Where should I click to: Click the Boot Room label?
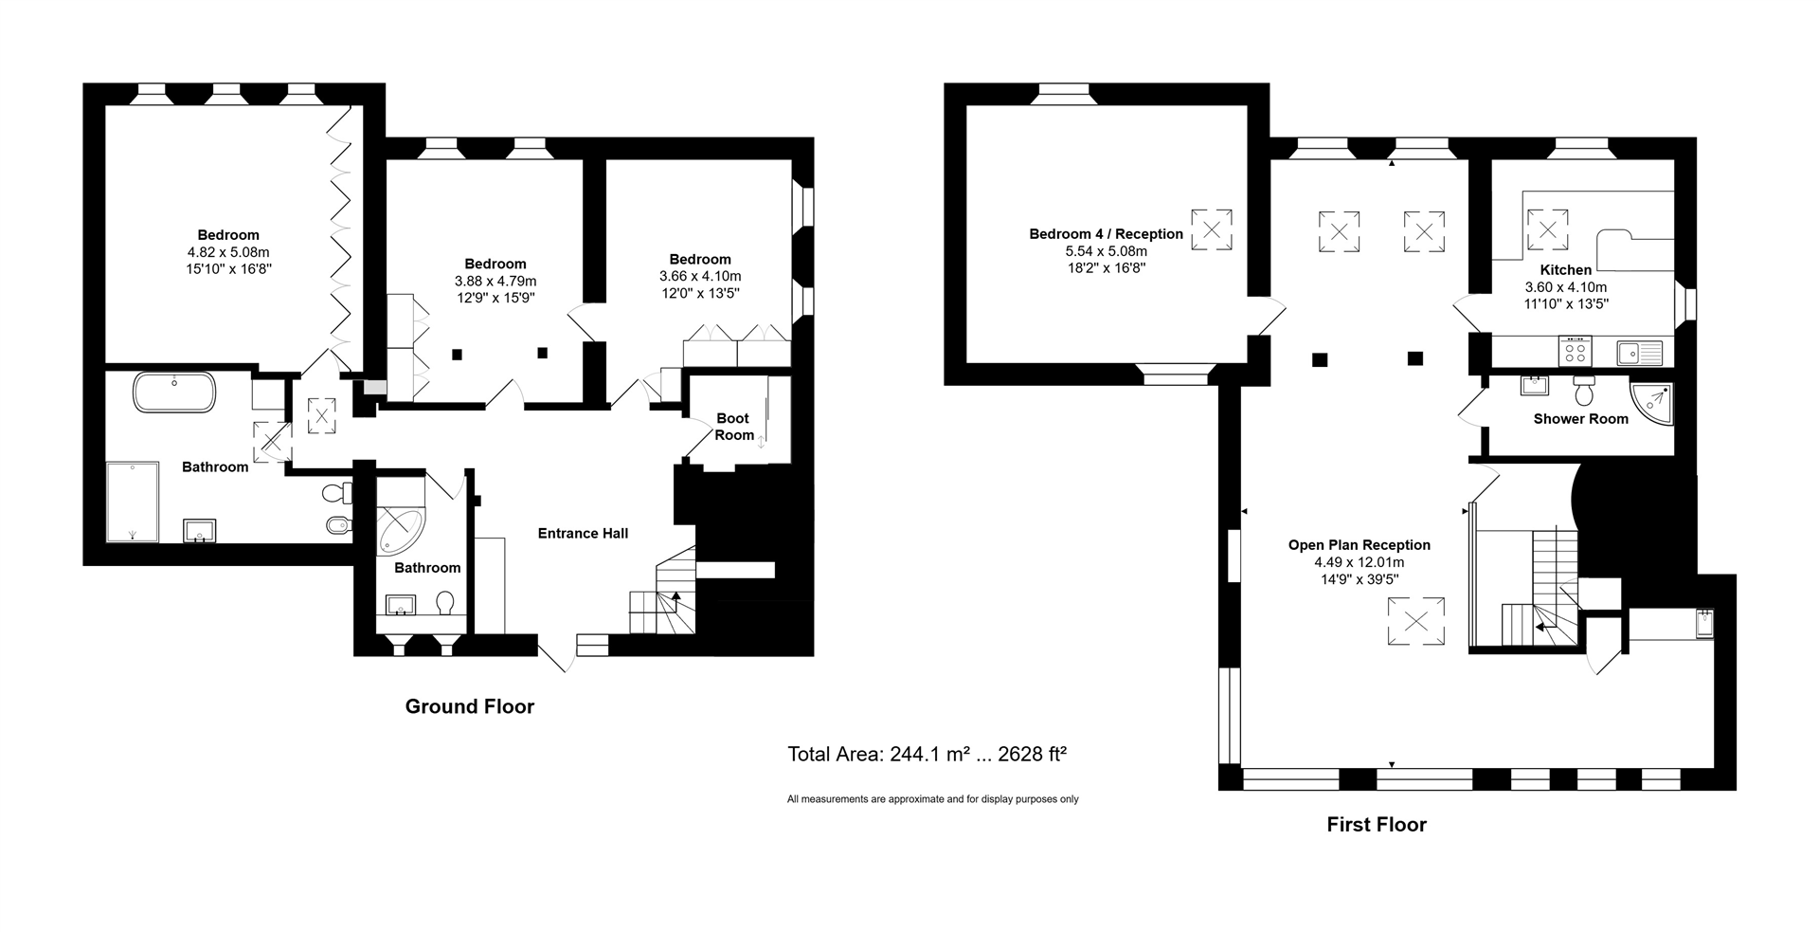pyautogui.click(x=733, y=427)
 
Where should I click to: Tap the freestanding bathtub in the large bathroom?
pyautogui.click(x=174, y=392)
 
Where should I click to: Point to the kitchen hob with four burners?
pyautogui.click(x=1575, y=352)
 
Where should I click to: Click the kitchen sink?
pyautogui.click(x=1640, y=352)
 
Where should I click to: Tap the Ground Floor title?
pyautogui.click(x=469, y=706)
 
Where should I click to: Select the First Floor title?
pyautogui.click(x=1376, y=825)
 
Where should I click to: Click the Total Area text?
pyautogui.click(x=927, y=755)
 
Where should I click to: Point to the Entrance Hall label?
pyautogui.click(x=583, y=534)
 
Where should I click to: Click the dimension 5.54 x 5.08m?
pyautogui.click(x=1106, y=251)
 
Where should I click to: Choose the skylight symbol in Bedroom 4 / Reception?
pyautogui.click(x=1211, y=229)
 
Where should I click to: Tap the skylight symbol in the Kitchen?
pyautogui.click(x=1547, y=229)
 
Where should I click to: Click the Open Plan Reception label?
pyautogui.click(x=1359, y=545)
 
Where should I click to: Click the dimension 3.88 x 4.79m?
pyautogui.click(x=495, y=281)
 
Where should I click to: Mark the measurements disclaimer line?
pyautogui.click(x=932, y=799)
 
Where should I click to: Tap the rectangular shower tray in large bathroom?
pyautogui.click(x=133, y=502)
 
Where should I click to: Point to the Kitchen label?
pyautogui.click(x=1565, y=270)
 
